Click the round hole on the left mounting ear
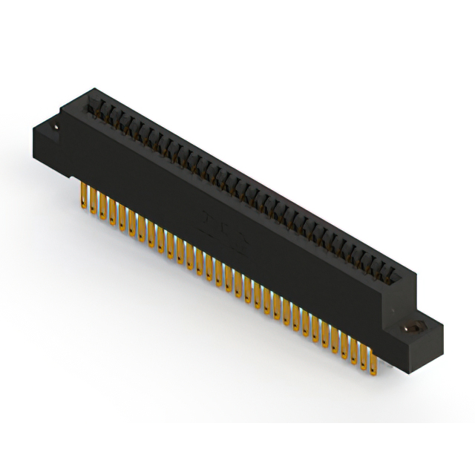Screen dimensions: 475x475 tap(55, 130)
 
